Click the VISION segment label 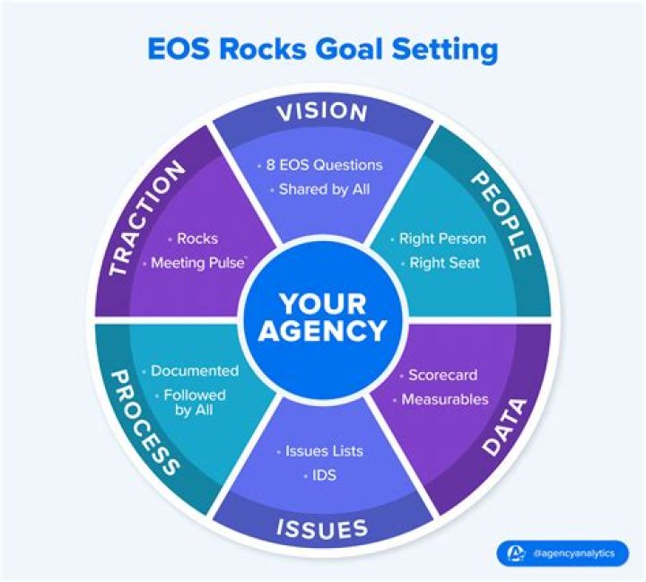[322, 112]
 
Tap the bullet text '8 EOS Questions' [325, 165]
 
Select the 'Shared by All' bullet [324, 189]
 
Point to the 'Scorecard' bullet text [442, 375]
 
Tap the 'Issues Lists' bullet [324, 451]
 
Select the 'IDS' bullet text [324, 474]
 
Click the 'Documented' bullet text [194, 370]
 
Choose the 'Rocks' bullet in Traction [197, 239]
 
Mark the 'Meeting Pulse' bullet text [198, 263]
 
